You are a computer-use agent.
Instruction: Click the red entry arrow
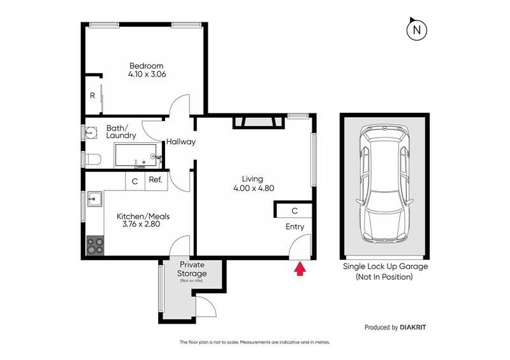click(300, 270)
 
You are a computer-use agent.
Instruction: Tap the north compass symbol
click(417, 29)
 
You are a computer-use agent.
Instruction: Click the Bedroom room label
click(147, 66)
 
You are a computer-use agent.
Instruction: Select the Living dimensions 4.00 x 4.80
click(254, 188)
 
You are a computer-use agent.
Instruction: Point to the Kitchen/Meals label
click(143, 216)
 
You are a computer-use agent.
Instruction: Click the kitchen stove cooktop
click(95, 245)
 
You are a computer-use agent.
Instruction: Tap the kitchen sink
click(94, 199)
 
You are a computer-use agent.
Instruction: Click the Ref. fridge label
click(156, 180)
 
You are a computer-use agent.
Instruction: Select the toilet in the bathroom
click(92, 159)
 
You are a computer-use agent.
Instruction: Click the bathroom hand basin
click(91, 133)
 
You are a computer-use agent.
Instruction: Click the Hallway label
click(181, 142)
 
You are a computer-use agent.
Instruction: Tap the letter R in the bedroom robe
click(92, 96)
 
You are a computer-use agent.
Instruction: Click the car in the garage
click(385, 184)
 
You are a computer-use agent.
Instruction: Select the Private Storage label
click(192, 269)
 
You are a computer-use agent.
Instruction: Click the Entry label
click(295, 227)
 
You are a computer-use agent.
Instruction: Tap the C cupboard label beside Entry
click(295, 211)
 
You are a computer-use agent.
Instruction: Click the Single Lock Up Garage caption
click(385, 267)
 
